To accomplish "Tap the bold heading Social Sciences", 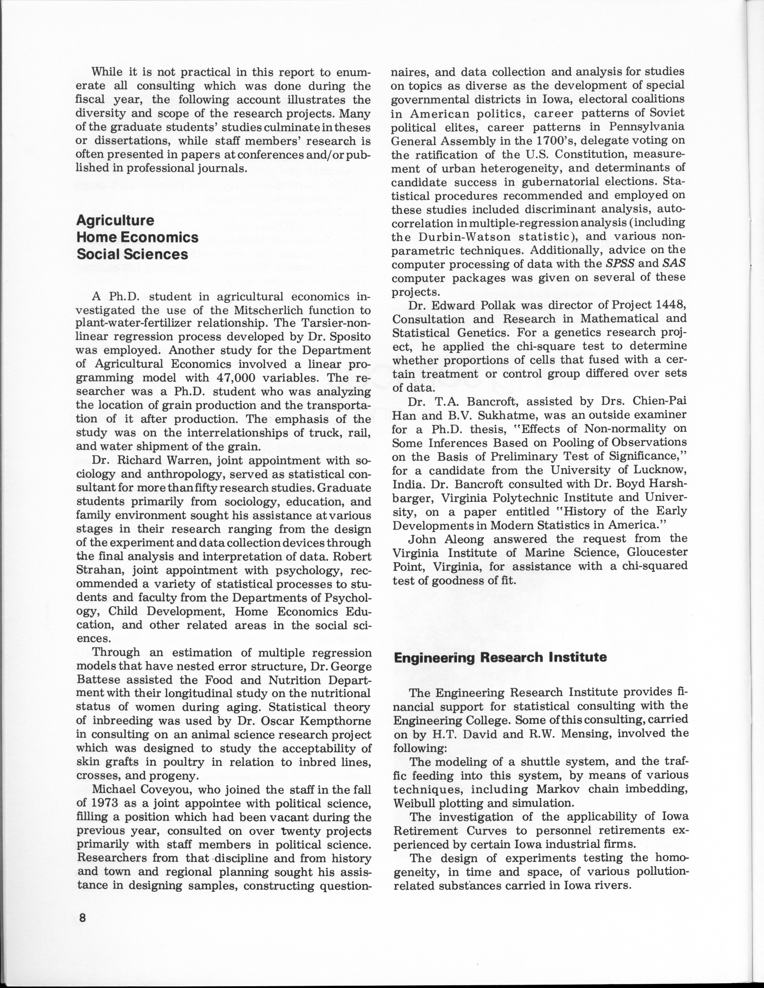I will (x=132, y=254).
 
